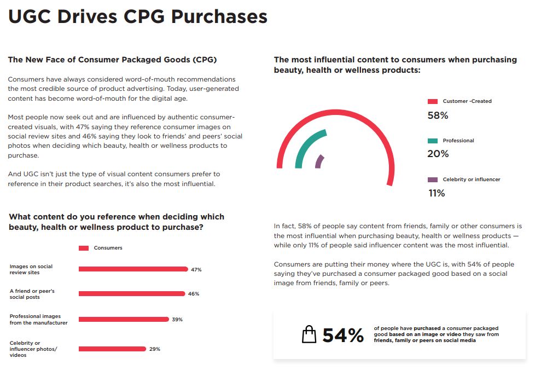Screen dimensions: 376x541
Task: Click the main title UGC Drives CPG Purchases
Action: pos(138,16)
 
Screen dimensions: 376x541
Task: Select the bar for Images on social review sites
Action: pos(133,269)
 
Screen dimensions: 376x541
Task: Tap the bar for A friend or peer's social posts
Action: pos(132,294)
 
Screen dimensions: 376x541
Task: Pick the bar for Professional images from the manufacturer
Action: pos(124,319)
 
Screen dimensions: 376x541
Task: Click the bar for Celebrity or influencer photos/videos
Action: pos(112,349)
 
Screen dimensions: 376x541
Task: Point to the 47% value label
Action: pos(196,270)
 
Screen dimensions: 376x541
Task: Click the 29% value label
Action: pos(155,349)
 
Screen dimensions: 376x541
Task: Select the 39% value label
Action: pos(177,320)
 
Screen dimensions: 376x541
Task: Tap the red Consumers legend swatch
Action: pos(84,248)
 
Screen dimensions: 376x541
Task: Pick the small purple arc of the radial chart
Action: pos(318,161)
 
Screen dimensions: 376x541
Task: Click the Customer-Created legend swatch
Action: pos(433,101)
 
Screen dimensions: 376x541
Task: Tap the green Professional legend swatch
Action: pos(433,141)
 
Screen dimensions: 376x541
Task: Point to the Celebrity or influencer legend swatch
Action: pos(433,180)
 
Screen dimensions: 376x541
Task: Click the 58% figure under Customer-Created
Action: pos(438,115)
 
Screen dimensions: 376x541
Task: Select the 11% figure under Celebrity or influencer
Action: pos(437,193)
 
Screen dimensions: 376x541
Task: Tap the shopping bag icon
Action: pos(309,334)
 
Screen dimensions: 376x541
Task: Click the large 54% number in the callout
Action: pos(343,335)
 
